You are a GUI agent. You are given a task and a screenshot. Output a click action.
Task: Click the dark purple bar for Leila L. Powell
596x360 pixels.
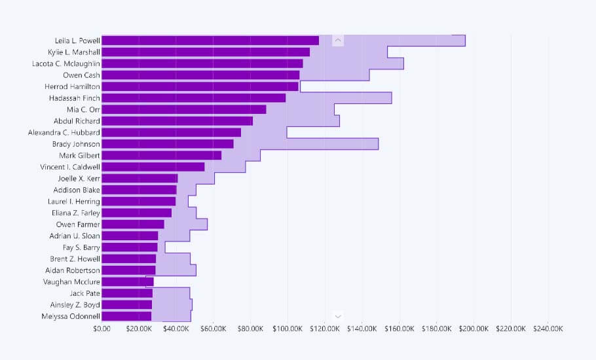(x=210, y=41)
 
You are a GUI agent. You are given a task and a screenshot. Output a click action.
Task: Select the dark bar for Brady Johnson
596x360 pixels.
(x=168, y=144)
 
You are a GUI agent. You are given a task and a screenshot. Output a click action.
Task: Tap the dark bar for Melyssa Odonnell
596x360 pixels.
(x=126, y=316)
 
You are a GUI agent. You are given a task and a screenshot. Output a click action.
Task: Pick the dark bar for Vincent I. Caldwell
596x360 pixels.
(x=153, y=167)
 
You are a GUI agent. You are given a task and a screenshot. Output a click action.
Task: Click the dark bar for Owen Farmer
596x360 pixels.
(x=133, y=225)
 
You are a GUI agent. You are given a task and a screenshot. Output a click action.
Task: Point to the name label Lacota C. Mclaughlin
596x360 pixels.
(x=66, y=63)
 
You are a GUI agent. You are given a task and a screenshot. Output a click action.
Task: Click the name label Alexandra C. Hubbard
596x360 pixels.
(x=64, y=132)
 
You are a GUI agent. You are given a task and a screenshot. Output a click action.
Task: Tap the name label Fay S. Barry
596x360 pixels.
(x=81, y=247)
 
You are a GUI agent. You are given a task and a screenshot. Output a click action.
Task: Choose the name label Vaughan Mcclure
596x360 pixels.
(x=73, y=282)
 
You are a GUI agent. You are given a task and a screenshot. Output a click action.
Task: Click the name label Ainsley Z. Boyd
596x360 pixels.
(x=75, y=305)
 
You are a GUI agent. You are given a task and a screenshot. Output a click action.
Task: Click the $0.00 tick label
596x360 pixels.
(x=102, y=329)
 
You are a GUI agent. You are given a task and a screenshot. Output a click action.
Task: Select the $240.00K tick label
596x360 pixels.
(x=548, y=329)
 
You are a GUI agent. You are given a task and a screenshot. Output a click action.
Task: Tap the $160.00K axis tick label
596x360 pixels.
(x=399, y=329)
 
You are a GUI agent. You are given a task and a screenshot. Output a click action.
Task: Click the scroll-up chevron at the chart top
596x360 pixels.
(x=338, y=41)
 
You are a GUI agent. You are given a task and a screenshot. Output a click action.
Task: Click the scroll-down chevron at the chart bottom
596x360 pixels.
(x=338, y=316)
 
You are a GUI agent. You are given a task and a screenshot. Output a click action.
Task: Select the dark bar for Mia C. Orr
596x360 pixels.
(x=184, y=109)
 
